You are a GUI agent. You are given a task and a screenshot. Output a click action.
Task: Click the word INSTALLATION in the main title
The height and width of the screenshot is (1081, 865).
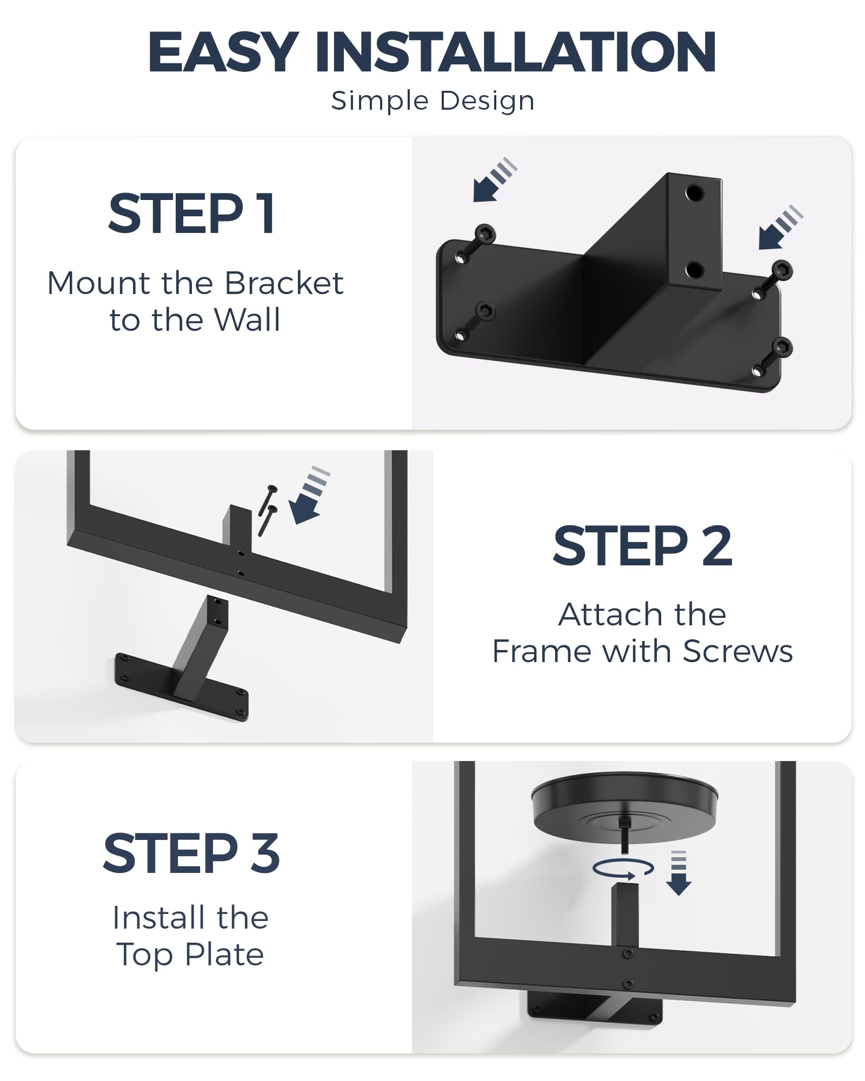point(516,52)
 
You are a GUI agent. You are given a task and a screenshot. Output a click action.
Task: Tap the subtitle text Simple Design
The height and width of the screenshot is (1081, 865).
point(432,101)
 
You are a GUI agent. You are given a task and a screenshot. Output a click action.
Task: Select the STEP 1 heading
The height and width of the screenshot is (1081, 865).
point(192,214)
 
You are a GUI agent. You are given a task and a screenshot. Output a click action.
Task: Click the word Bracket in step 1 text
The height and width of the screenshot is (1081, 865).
point(284,283)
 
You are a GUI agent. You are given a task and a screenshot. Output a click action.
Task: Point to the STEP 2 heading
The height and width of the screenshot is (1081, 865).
point(642,547)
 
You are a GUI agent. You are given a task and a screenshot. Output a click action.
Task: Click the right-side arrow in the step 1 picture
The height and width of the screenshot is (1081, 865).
point(778,229)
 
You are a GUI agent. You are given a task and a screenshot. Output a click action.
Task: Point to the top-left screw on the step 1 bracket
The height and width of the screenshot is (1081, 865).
point(484,235)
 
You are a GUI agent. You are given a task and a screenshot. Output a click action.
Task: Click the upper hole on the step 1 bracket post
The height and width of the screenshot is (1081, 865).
point(695,192)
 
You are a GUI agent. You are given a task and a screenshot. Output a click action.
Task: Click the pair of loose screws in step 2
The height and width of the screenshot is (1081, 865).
point(268,509)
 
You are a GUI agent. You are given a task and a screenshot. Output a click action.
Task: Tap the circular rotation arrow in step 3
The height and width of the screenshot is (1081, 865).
point(623,869)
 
